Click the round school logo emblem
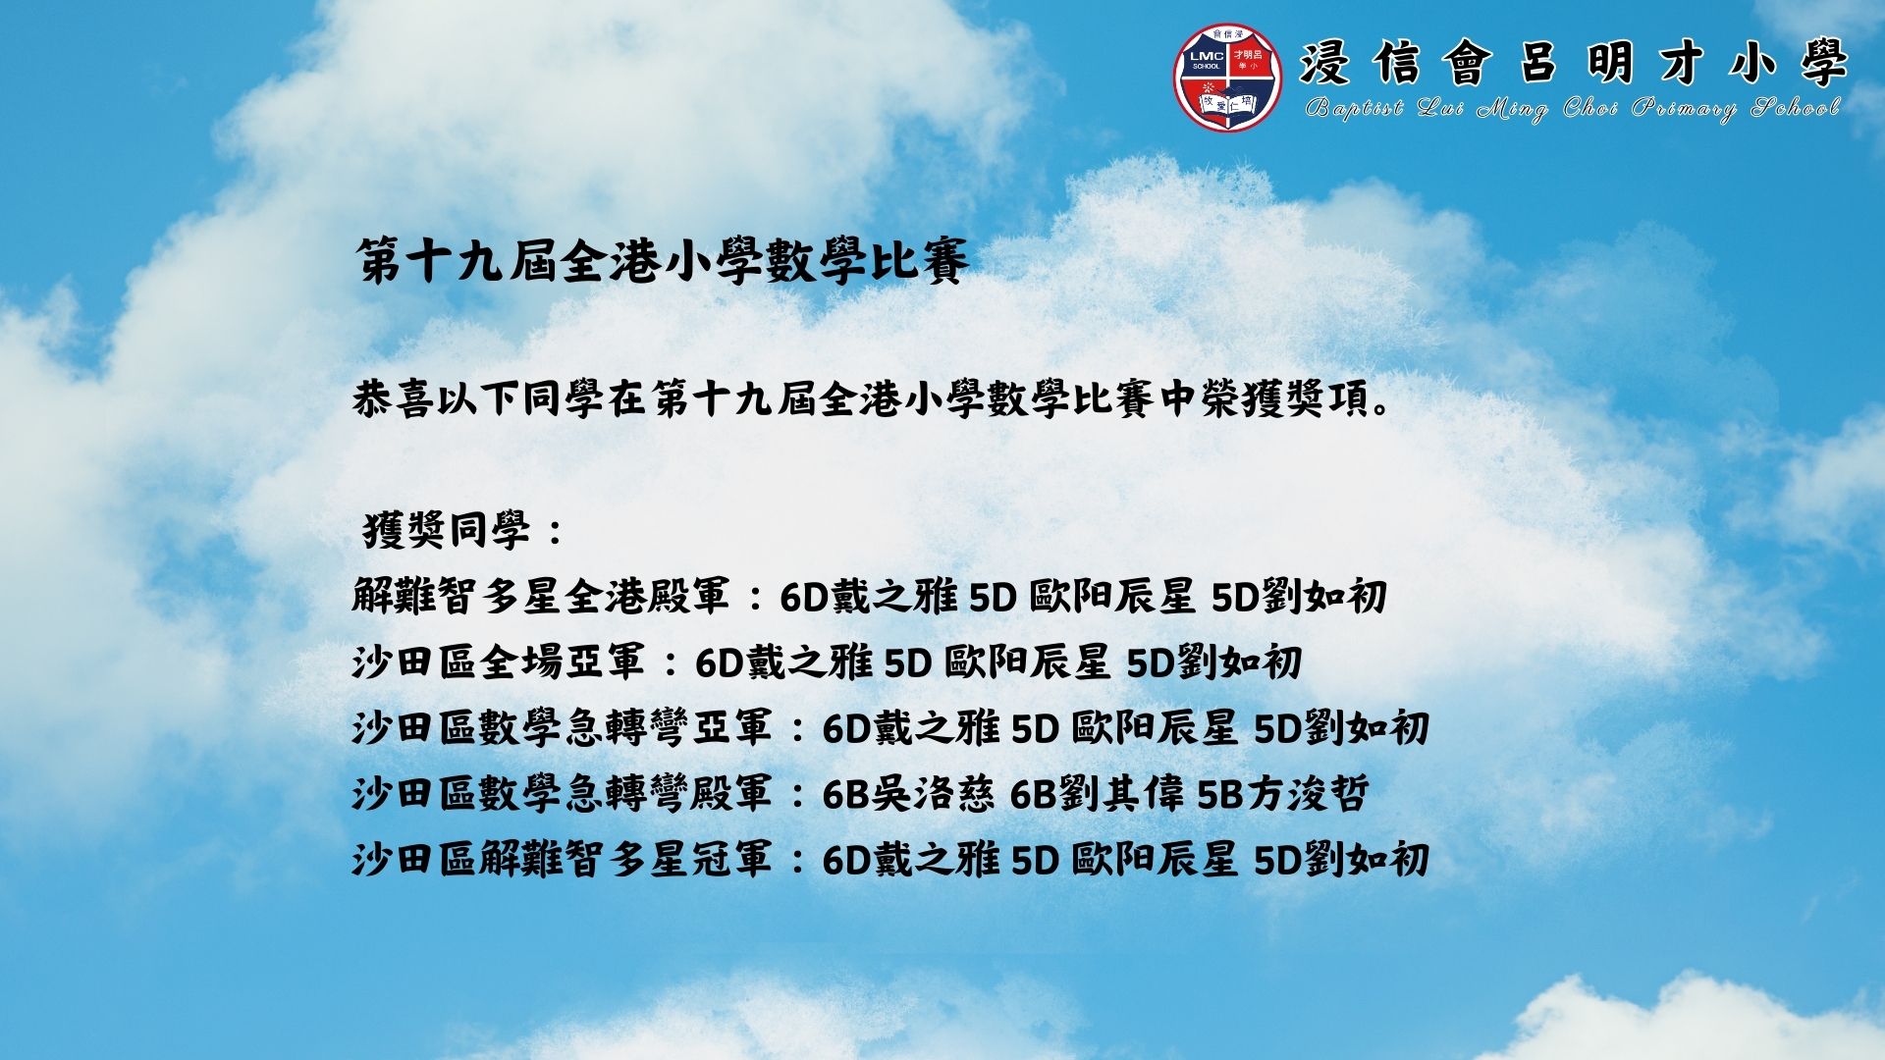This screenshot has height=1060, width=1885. click(1228, 78)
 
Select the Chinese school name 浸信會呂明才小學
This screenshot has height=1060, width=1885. click(1574, 65)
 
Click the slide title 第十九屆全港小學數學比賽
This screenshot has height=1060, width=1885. click(663, 261)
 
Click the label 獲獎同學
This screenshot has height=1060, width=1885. click(447, 531)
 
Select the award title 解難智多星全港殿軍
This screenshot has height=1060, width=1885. click(541, 597)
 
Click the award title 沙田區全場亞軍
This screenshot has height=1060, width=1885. click(499, 662)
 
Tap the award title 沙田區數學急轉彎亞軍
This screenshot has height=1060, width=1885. click(563, 728)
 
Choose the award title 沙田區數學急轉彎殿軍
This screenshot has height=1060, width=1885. click(563, 794)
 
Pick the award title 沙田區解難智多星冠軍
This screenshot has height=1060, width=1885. click(563, 860)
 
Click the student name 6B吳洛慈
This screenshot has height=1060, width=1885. click(908, 794)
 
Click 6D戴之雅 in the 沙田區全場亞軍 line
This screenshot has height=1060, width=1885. click(783, 662)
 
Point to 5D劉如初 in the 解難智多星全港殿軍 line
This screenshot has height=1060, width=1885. click(1299, 597)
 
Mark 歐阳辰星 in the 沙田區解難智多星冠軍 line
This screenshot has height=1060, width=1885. click(1154, 860)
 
